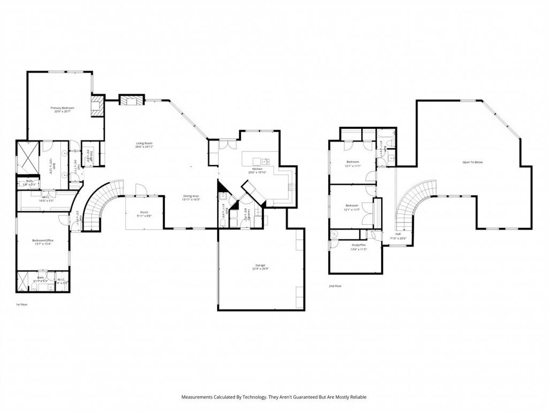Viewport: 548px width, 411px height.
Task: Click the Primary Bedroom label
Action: click(62, 108)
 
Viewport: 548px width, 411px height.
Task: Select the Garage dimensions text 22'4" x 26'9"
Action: click(261, 269)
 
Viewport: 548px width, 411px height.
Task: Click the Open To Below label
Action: click(473, 162)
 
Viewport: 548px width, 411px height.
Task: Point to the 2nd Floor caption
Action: click(335, 286)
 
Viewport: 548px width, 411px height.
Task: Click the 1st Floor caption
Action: click(21, 304)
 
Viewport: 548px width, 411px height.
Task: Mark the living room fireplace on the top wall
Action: click(131, 100)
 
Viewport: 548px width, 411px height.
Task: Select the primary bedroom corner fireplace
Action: click(97, 105)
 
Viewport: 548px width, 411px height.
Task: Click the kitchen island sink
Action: click(265, 161)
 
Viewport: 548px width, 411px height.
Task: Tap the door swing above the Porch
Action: click(141, 190)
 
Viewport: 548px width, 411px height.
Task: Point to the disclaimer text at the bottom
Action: click(274, 397)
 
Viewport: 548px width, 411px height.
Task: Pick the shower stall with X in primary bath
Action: click(26, 157)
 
